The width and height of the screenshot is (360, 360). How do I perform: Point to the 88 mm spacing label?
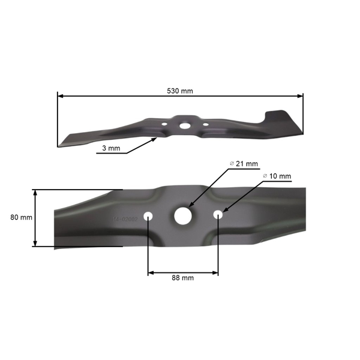183,278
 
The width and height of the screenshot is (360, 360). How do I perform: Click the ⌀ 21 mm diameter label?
244,164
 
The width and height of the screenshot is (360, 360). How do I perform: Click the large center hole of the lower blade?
182,215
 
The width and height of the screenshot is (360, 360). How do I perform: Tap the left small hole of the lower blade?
148,215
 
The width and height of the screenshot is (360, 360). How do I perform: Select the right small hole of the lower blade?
218,213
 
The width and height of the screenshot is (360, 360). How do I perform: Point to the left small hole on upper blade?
164,125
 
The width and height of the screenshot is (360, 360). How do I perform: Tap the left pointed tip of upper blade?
62,143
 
